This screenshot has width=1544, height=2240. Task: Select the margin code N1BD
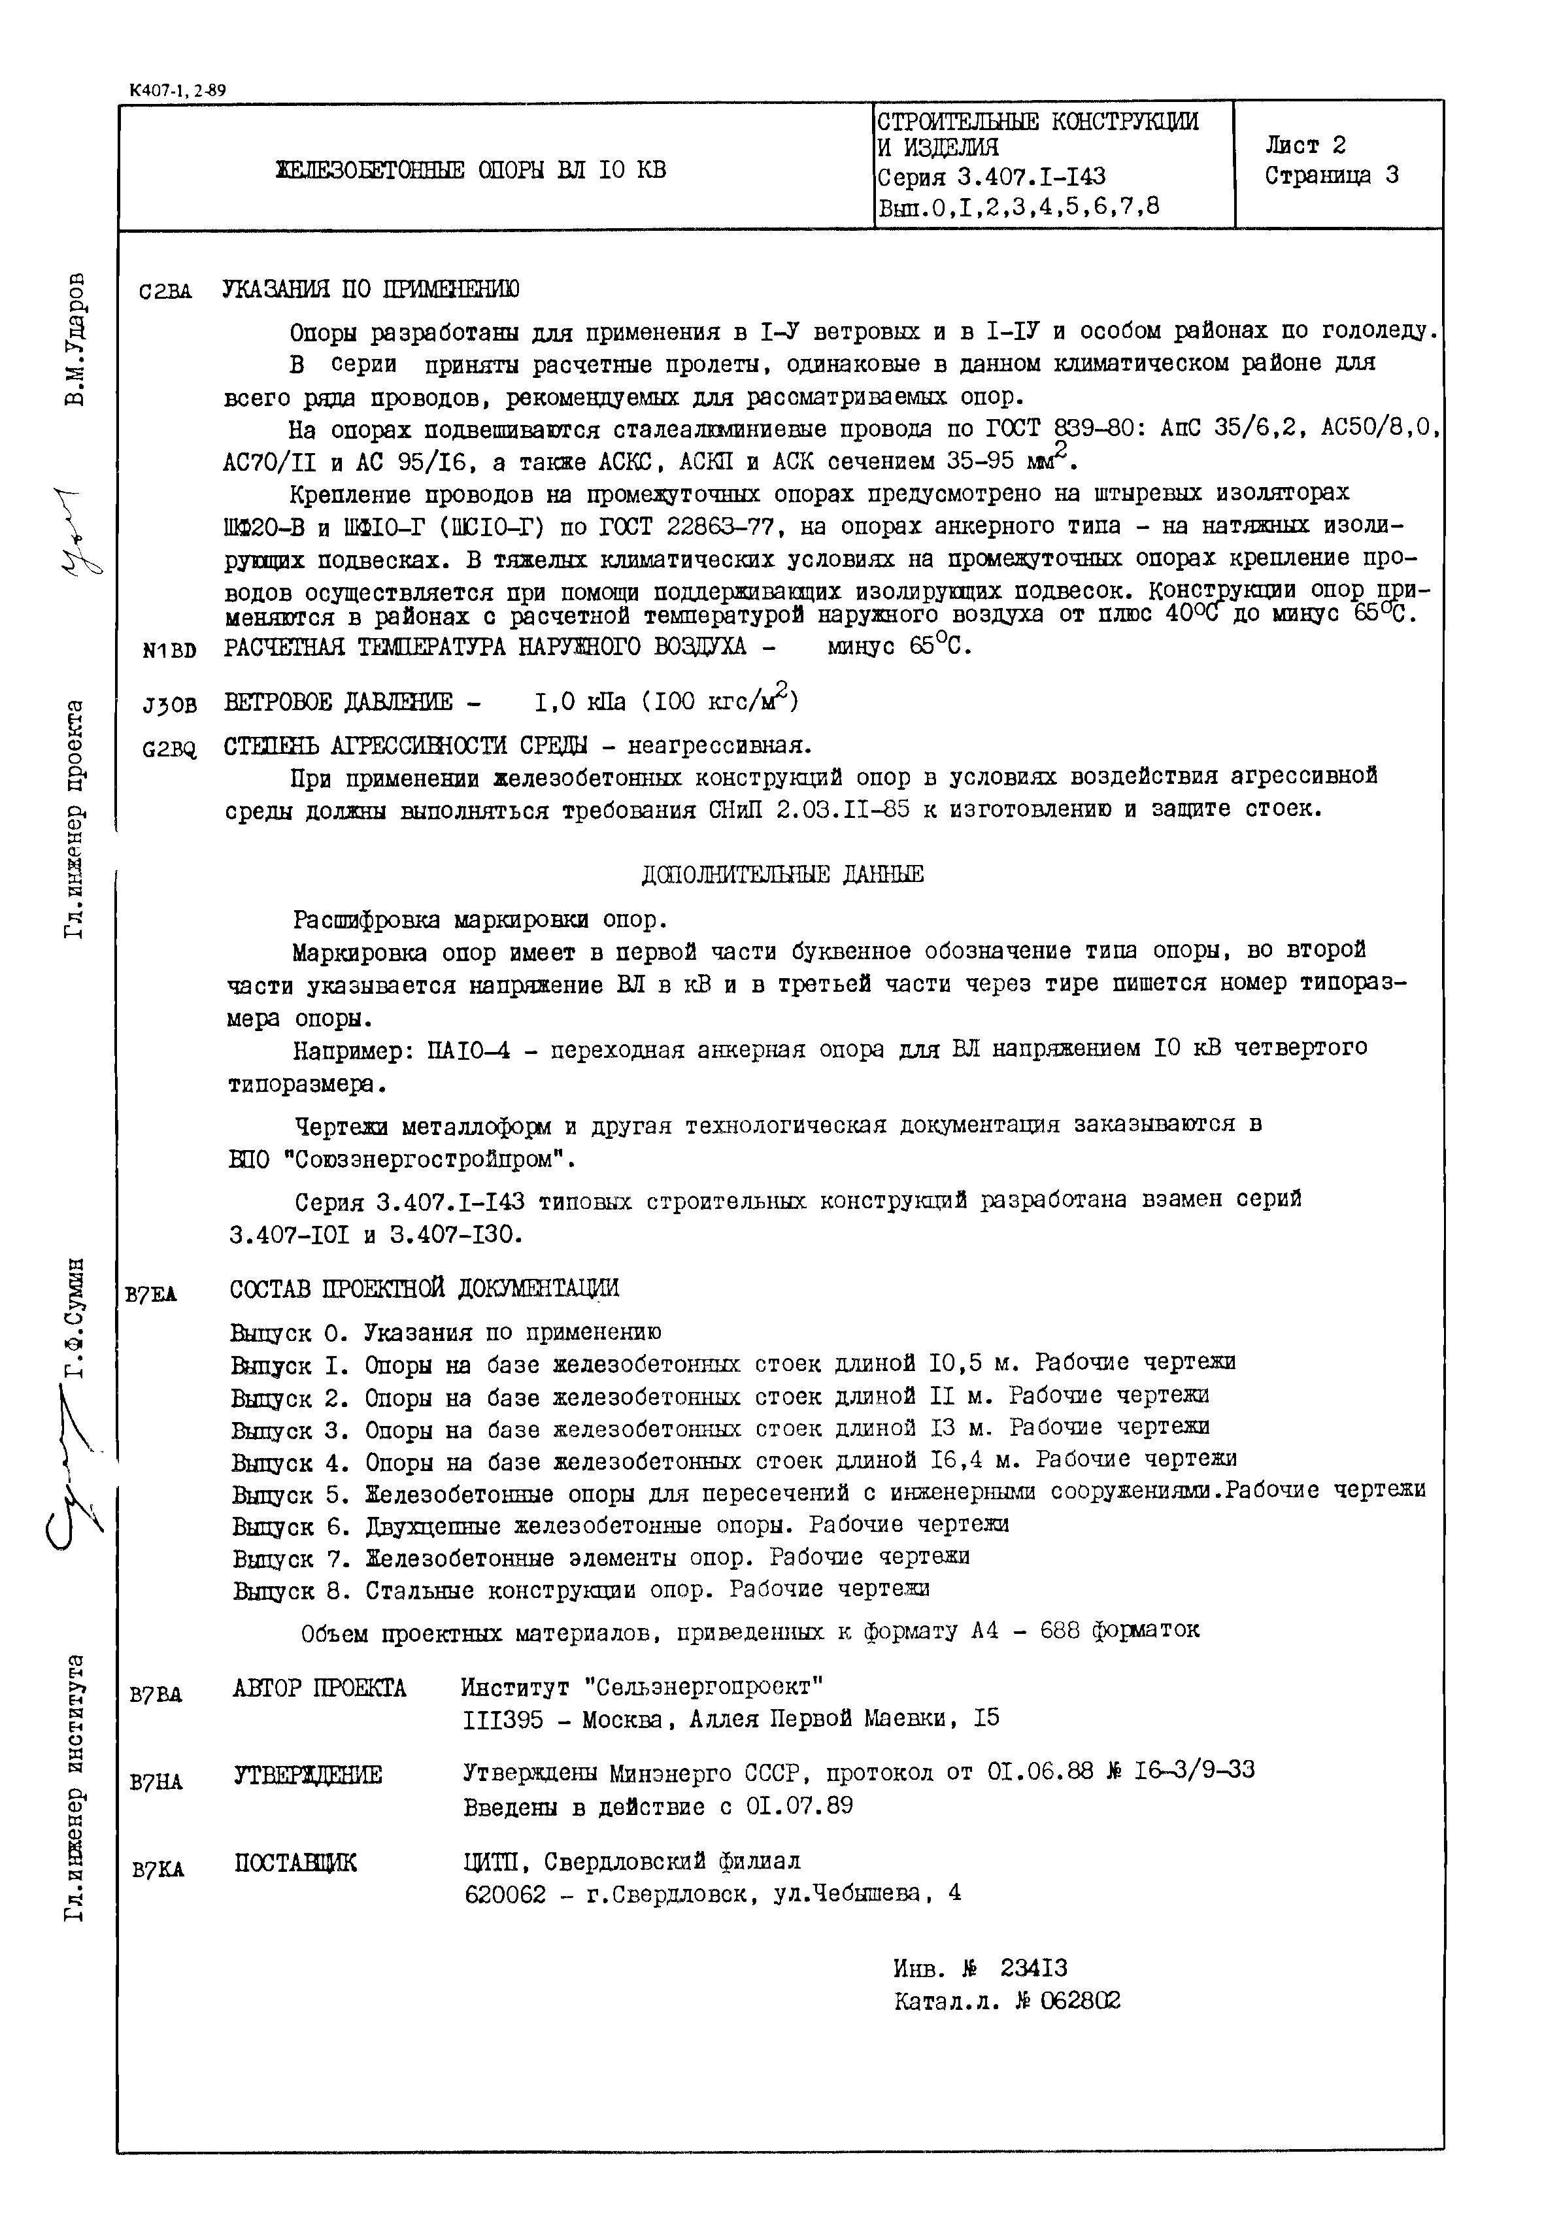(169, 651)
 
